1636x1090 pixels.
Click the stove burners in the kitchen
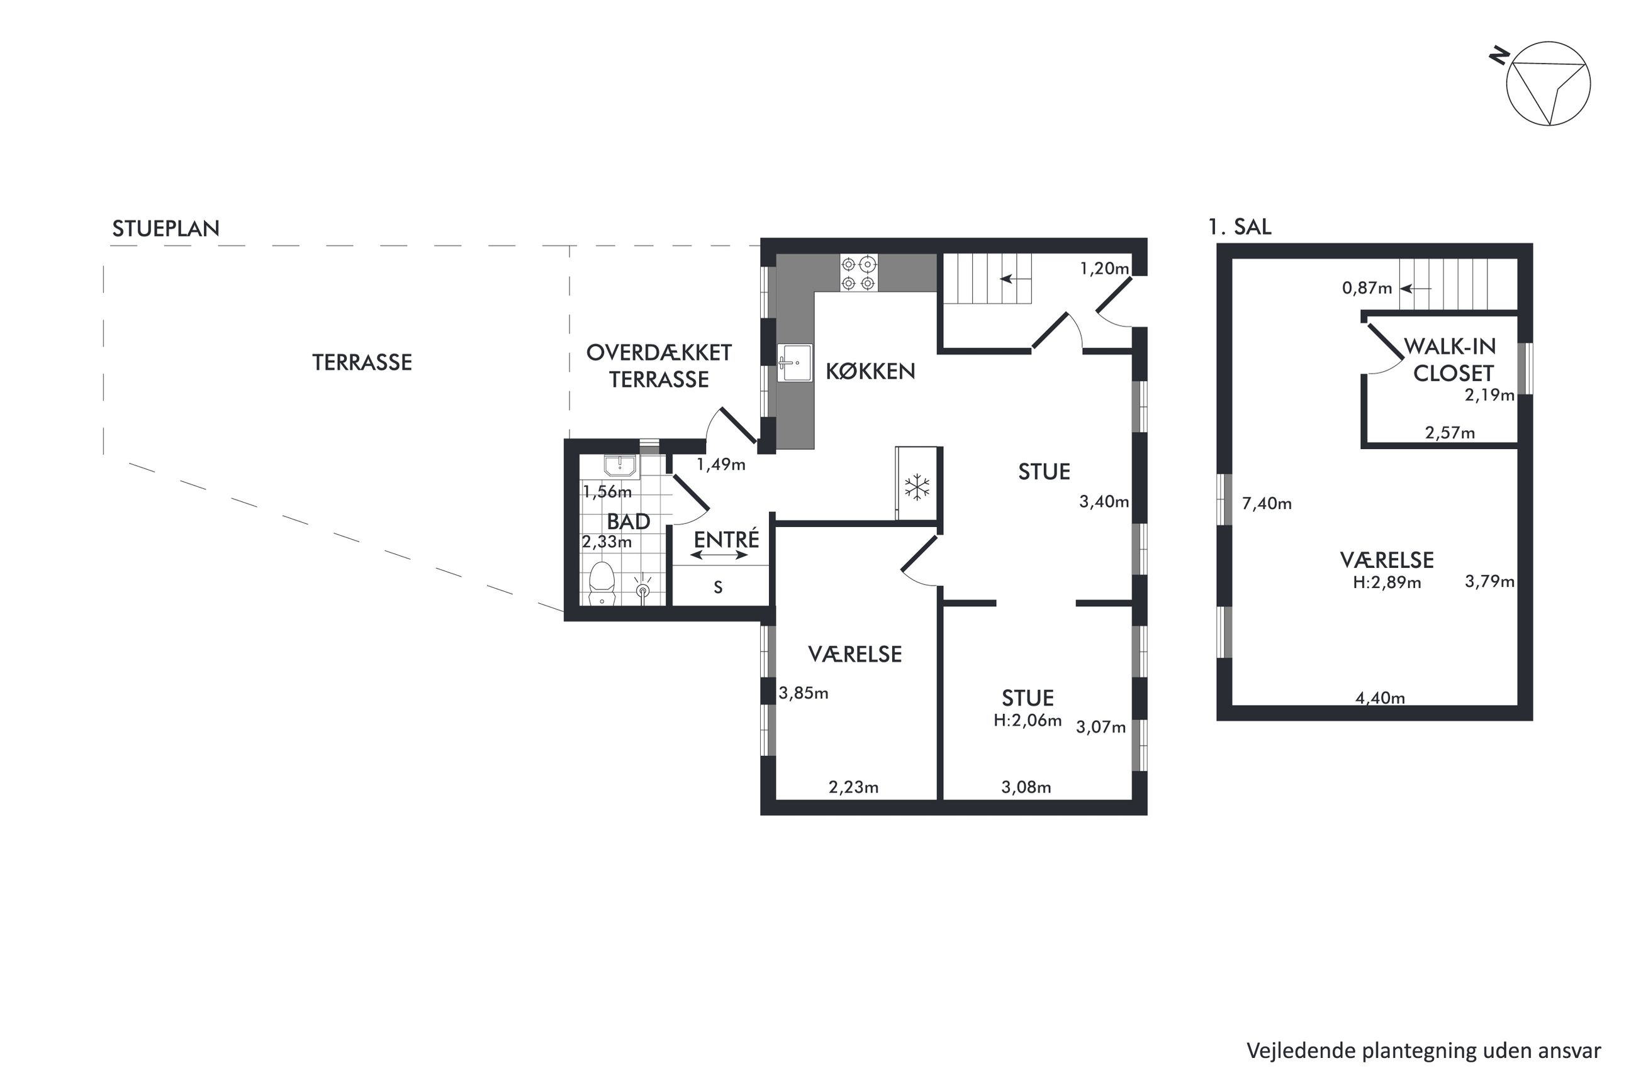point(858,273)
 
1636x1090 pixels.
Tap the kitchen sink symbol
point(794,363)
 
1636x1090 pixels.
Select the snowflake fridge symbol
point(917,487)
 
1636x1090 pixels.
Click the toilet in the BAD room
point(602,584)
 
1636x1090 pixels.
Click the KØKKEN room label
point(870,371)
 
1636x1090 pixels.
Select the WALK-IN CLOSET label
point(1450,360)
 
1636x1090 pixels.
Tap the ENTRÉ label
point(727,539)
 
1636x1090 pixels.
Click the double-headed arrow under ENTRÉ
point(719,555)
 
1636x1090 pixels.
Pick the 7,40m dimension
point(1267,503)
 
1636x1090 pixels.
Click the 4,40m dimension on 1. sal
point(1380,698)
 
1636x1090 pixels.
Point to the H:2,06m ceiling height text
point(1027,720)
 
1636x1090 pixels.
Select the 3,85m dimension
point(803,693)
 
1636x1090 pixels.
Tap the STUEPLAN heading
point(165,229)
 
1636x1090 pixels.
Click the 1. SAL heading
point(1240,226)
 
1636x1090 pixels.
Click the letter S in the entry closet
point(718,587)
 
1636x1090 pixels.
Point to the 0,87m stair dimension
point(1367,288)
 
